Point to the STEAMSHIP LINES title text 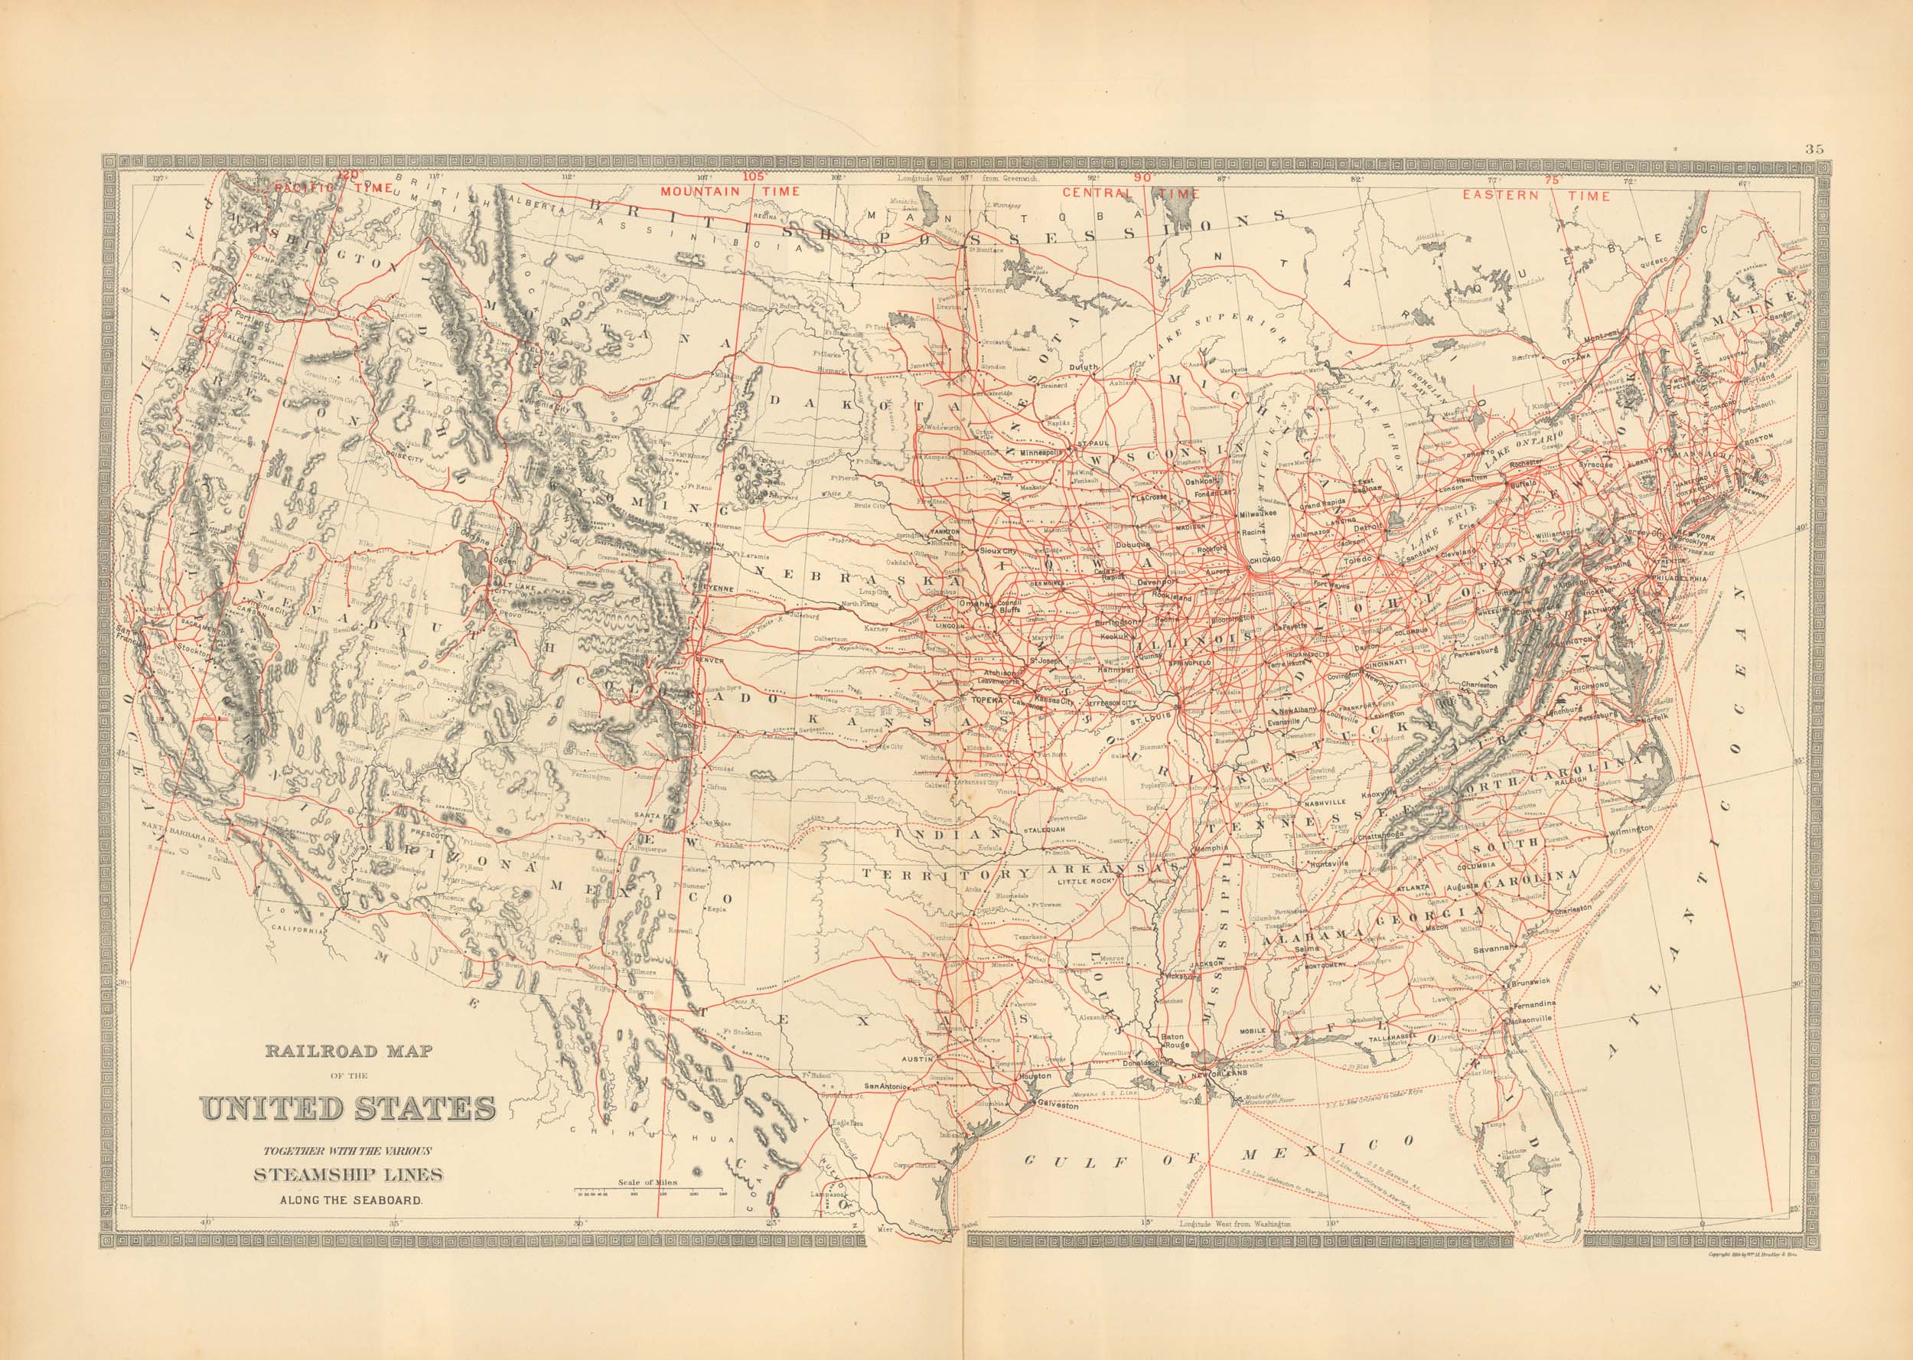tap(349, 1175)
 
